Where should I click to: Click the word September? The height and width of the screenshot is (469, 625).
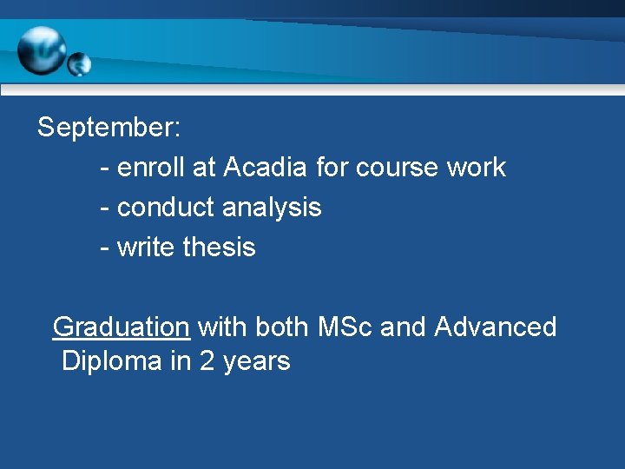click(x=107, y=129)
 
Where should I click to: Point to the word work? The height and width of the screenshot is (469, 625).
click(x=476, y=167)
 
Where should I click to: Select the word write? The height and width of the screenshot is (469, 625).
click(x=146, y=248)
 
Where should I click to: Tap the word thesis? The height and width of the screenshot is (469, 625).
click(x=220, y=248)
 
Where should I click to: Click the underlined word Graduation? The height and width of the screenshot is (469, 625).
click(x=121, y=327)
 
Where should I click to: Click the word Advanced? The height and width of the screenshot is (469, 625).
click(x=495, y=327)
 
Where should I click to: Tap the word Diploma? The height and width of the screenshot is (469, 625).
click(x=112, y=360)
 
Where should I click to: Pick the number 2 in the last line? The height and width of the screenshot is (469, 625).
click(x=207, y=360)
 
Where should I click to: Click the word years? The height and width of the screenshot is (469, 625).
click(x=256, y=362)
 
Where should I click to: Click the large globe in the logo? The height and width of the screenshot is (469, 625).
click(x=42, y=50)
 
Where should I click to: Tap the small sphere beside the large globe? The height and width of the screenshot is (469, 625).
click(x=79, y=63)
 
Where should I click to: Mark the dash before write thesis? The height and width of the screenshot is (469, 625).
click(x=105, y=248)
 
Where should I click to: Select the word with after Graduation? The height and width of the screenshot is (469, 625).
click(x=220, y=327)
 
